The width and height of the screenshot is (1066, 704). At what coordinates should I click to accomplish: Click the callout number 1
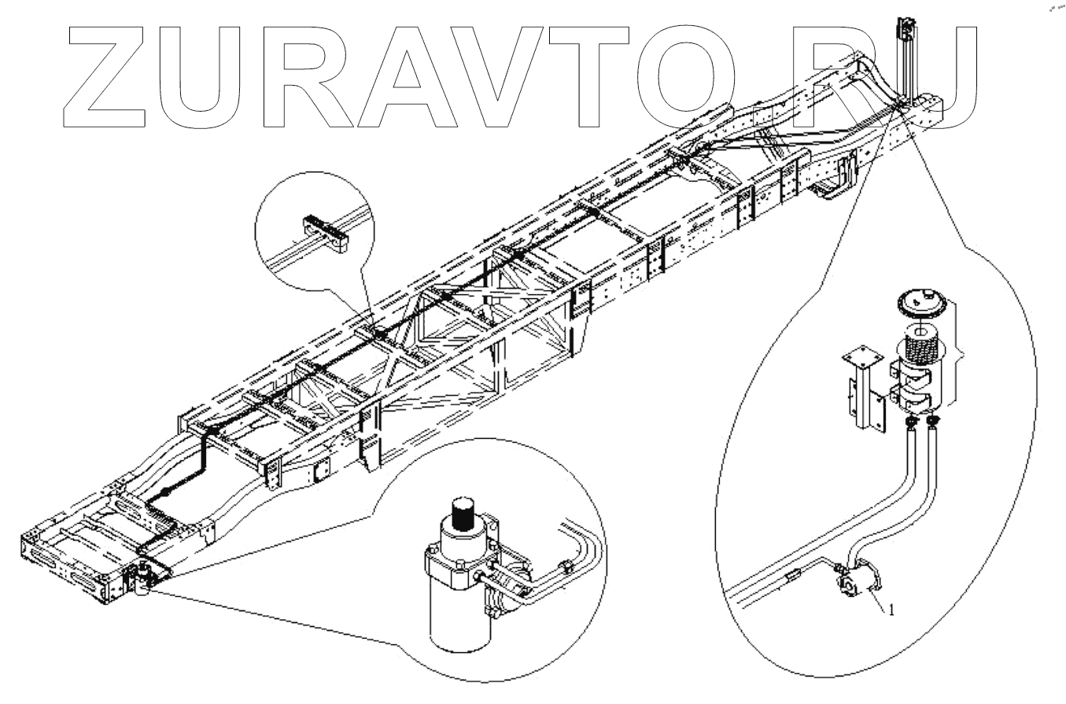pos(891,610)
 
